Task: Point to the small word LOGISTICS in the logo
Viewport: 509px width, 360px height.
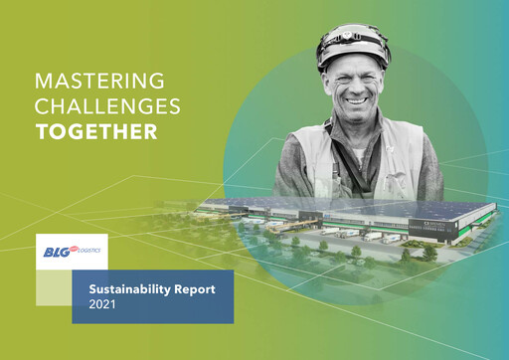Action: pyautogui.click(x=88, y=253)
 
